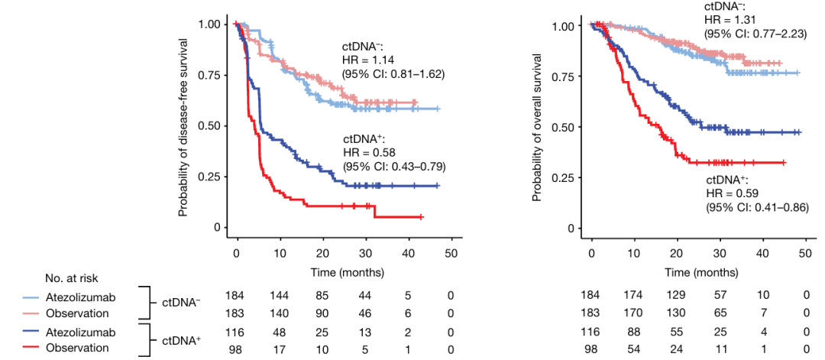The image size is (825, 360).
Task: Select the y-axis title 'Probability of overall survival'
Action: pos(538,126)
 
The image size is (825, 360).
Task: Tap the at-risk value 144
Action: pos(280,294)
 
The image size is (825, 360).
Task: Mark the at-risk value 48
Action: pos(280,333)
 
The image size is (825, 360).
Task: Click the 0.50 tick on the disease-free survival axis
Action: pos(212,126)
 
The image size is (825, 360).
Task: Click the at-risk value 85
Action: pos(323,294)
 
